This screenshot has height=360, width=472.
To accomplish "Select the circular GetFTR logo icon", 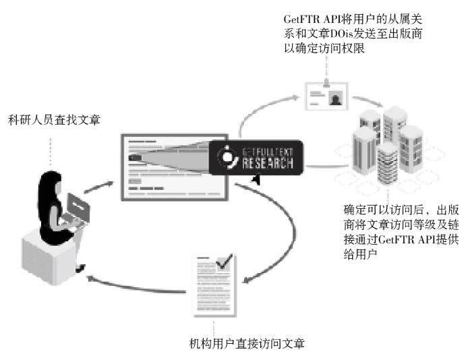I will coord(226,157).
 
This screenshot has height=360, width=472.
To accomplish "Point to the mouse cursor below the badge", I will coord(256,179).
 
